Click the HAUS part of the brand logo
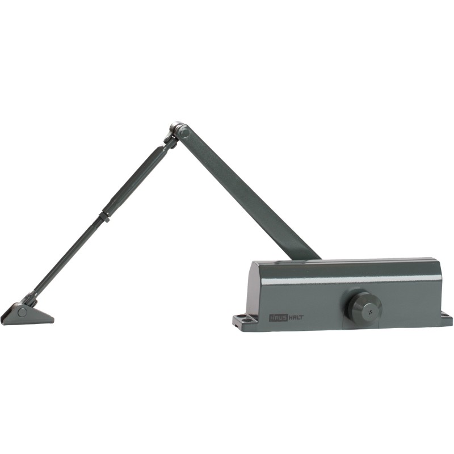tap(279, 318)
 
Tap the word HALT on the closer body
tap(296, 318)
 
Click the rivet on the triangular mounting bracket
tap(22, 312)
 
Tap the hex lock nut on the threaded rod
tap(104, 217)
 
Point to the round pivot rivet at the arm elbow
tap(184, 133)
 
